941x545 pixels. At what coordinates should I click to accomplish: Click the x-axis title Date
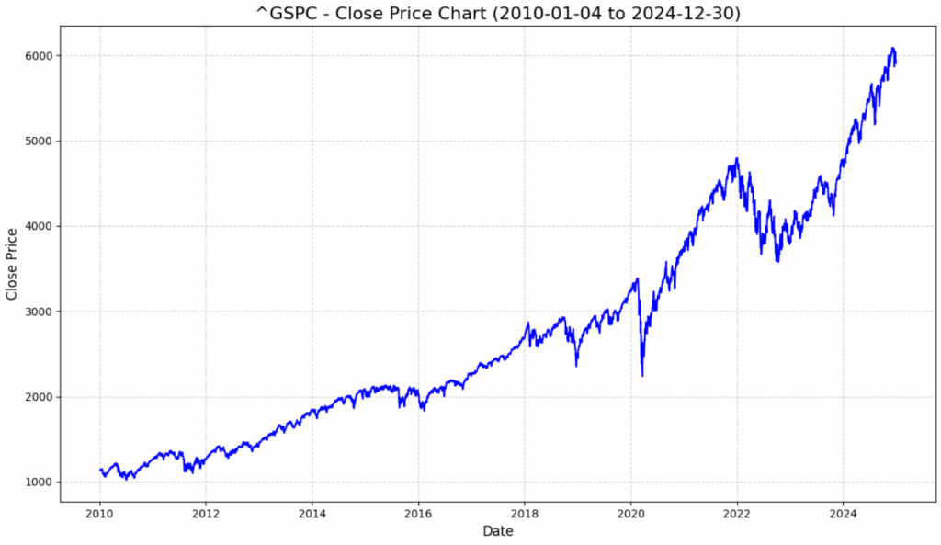click(x=498, y=531)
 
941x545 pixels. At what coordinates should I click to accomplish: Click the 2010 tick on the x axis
click(x=100, y=513)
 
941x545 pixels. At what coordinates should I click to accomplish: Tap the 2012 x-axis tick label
click(x=206, y=513)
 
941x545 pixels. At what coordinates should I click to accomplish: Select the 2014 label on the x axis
click(x=312, y=513)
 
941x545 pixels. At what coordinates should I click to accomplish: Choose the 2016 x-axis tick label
click(x=419, y=513)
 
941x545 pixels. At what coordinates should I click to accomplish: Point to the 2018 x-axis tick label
click(x=525, y=513)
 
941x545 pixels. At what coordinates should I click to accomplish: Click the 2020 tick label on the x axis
click(x=631, y=513)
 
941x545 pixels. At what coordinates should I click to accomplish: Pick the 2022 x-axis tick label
click(x=737, y=513)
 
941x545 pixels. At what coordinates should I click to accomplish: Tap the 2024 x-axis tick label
click(x=844, y=513)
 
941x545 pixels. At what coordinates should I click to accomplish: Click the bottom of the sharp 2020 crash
click(x=642, y=375)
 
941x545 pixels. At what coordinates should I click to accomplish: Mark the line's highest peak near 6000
click(x=892, y=48)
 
